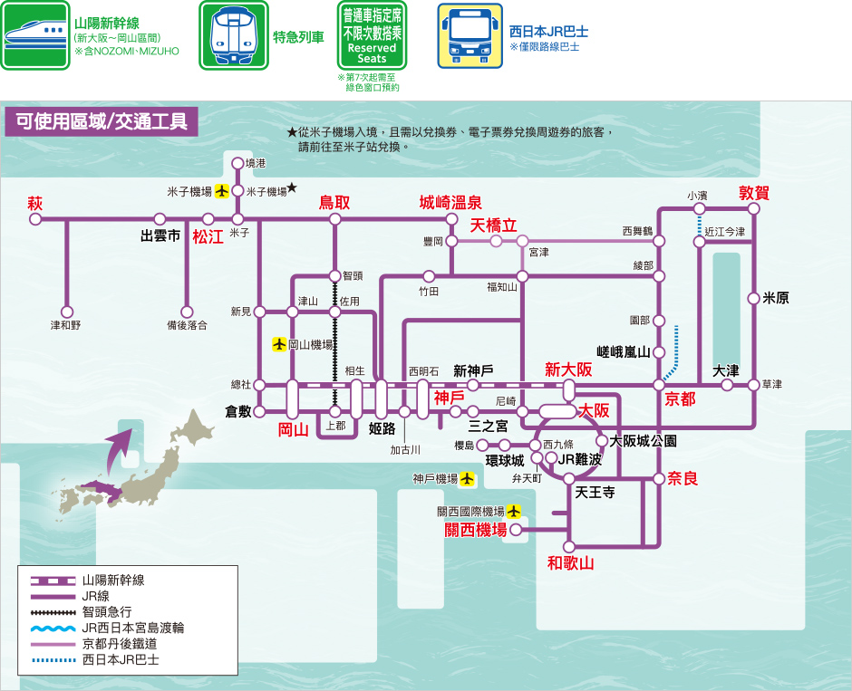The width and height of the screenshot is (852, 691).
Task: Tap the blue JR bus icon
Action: click(470, 35)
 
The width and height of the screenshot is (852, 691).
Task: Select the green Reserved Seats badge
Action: click(372, 35)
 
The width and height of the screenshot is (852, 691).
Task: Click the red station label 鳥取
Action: click(334, 203)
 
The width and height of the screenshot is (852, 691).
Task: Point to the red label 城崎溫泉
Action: click(450, 203)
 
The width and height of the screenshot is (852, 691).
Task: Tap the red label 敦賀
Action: click(754, 193)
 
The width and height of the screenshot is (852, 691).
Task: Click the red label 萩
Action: click(35, 203)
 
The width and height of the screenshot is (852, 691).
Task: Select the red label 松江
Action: click(208, 237)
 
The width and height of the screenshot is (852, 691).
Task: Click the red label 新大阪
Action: click(568, 369)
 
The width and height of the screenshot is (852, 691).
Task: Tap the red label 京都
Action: click(680, 399)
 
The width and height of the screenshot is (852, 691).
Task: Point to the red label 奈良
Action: click(683, 478)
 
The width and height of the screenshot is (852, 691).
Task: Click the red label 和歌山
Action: click(570, 563)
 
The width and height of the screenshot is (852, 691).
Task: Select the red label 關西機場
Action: click(475, 530)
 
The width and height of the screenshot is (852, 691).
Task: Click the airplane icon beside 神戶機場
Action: click(468, 478)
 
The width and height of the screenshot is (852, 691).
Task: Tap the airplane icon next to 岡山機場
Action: click(279, 344)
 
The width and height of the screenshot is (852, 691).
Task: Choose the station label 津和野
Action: click(65, 324)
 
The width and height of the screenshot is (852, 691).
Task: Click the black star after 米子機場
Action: click(292, 187)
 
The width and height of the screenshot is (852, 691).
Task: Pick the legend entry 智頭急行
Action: click(107, 611)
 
